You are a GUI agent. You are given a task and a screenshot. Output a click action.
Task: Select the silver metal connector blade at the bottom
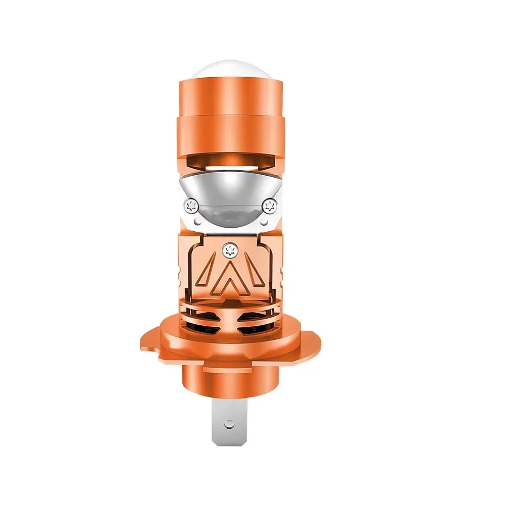pyautogui.click(x=230, y=429)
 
